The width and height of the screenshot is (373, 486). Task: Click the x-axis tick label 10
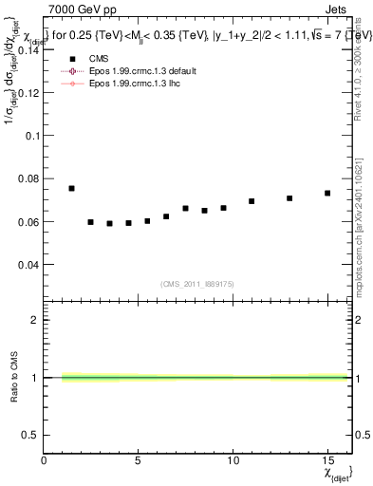(233, 459)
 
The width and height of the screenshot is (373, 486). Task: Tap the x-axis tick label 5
(139, 459)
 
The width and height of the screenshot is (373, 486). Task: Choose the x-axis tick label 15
(326, 459)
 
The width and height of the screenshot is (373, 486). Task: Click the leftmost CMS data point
(71, 188)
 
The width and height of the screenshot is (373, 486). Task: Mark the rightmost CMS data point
(327, 193)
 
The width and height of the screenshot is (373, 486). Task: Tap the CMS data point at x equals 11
(252, 201)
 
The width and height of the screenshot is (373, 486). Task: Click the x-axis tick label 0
(45, 459)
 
